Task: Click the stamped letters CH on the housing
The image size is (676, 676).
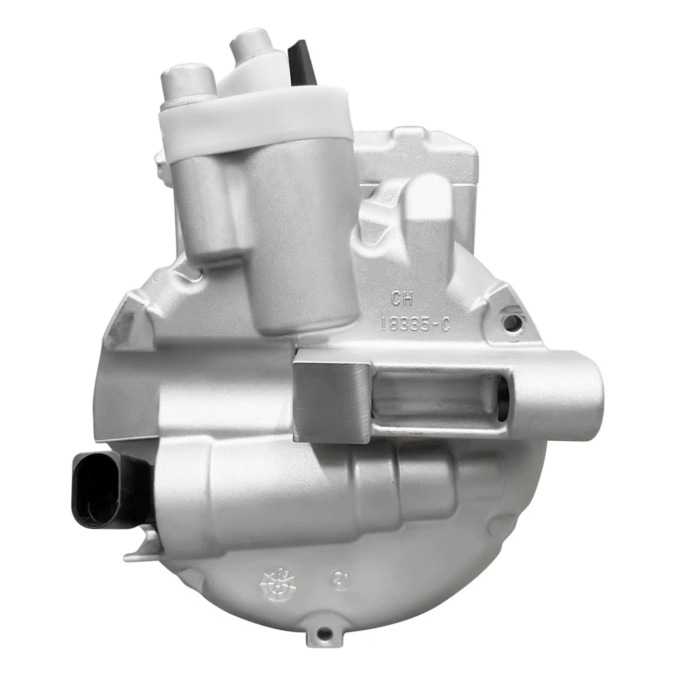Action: [403, 299]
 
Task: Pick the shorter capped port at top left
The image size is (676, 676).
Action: [188, 82]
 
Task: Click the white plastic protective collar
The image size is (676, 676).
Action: [257, 120]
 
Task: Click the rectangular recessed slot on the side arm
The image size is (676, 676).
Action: [437, 396]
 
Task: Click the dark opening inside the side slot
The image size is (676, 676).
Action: [502, 399]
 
